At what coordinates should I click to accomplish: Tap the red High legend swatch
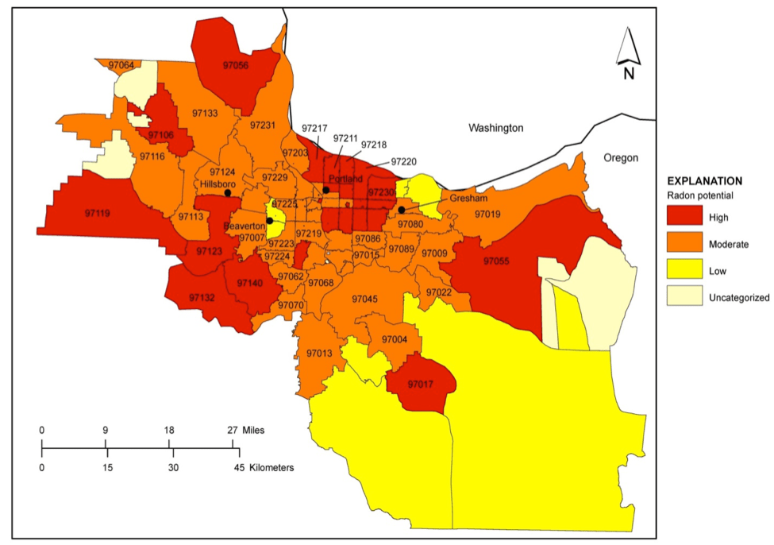(x=684, y=216)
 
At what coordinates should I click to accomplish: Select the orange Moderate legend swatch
(x=684, y=243)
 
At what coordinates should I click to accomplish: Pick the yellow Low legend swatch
(x=684, y=270)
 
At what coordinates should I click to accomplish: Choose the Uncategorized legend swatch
(x=684, y=297)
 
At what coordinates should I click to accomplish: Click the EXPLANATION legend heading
(x=704, y=180)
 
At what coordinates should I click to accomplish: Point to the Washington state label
(x=495, y=127)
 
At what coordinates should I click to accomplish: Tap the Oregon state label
(x=620, y=157)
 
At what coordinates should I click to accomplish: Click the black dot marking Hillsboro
(x=228, y=192)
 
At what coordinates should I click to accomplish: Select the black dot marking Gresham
(x=402, y=210)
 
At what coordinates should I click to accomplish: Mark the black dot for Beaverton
(x=270, y=221)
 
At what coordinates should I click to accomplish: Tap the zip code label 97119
(x=97, y=213)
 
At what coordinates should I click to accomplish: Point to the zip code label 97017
(x=421, y=385)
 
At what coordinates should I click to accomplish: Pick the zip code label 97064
(x=121, y=64)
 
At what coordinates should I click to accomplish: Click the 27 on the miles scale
(x=233, y=430)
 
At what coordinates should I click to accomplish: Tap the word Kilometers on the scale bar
(x=271, y=467)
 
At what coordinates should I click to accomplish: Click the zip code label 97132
(x=202, y=297)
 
